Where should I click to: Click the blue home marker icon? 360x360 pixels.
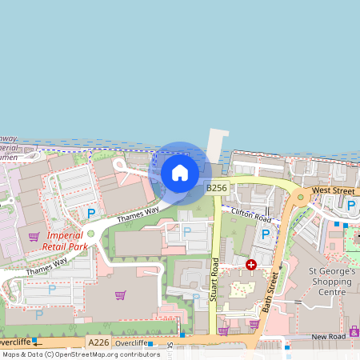point(180,172)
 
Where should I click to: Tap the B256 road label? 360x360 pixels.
point(217,187)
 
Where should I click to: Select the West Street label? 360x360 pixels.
point(332,190)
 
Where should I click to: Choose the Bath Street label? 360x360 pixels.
point(273,291)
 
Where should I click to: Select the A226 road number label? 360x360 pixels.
point(99,342)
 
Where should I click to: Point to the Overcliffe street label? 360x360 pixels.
point(131,342)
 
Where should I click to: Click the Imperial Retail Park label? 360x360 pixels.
point(66,241)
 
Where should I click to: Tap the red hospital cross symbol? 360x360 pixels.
point(251,264)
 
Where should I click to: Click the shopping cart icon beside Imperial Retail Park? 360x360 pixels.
point(34,237)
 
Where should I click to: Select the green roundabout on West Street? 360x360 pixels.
point(301,196)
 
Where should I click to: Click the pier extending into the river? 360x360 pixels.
point(214,149)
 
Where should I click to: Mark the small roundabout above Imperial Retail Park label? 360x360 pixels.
point(90,234)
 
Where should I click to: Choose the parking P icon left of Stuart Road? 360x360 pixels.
point(187,232)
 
